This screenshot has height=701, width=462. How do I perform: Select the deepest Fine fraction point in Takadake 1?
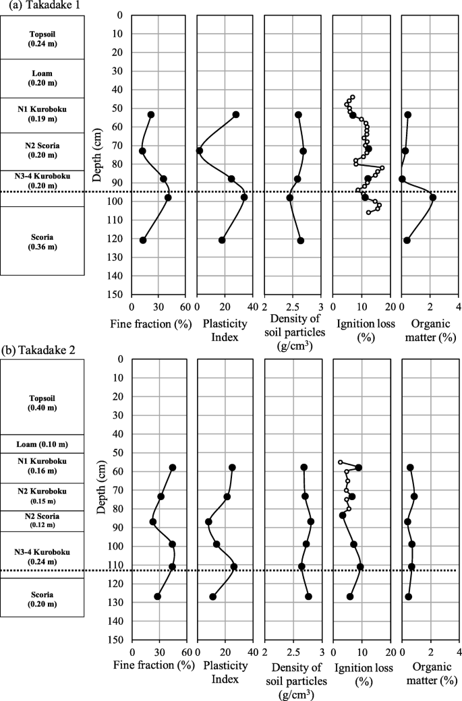[x=143, y=241]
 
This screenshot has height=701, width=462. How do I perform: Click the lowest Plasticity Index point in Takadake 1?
[x=200, y=150]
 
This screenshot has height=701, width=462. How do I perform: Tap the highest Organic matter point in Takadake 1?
[x=433, y=197]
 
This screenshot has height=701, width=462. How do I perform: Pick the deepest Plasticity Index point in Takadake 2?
[x=213, y=597]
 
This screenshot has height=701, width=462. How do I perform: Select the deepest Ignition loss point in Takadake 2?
[x=350, y=597]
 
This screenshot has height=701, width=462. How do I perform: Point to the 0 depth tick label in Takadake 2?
[x=119, y=359]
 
